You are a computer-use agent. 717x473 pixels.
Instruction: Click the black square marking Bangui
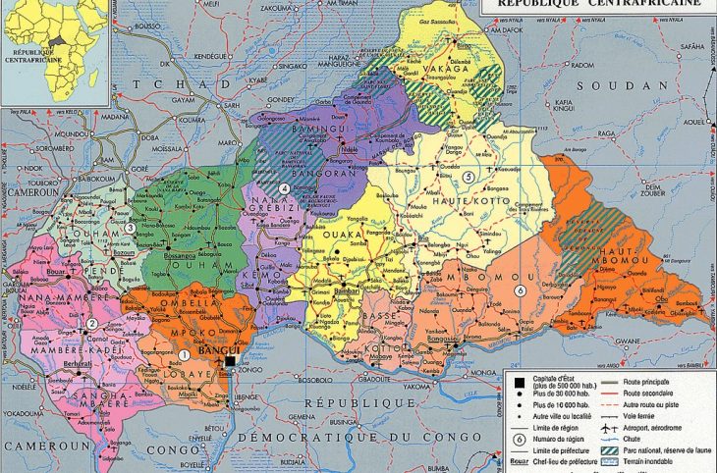coord(229,362)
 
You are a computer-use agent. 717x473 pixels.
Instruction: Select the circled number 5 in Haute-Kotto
coord(469,177)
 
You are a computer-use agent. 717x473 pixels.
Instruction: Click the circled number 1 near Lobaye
coord(183,354)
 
